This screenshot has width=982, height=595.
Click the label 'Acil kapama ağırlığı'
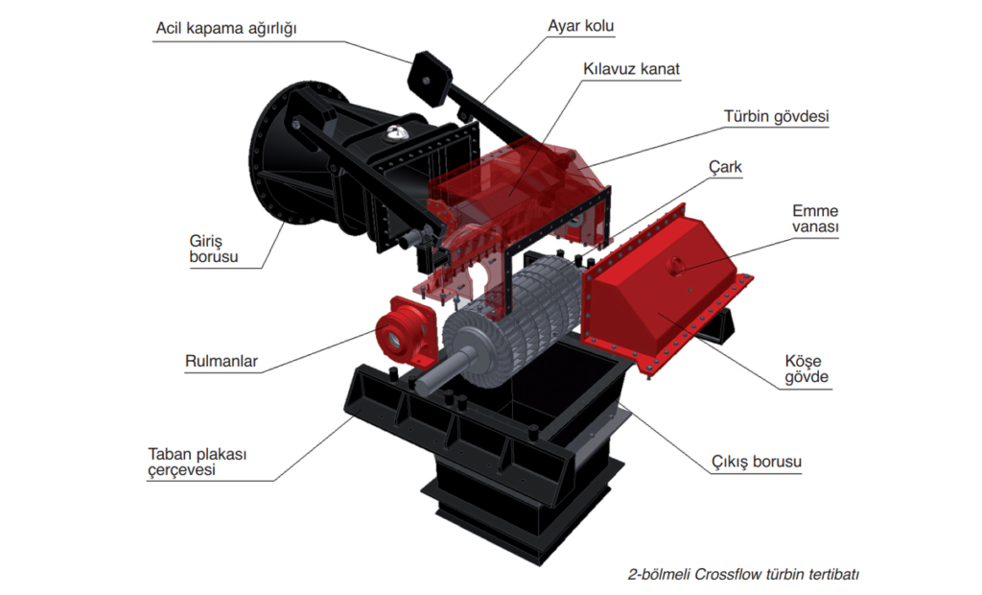(226, 29)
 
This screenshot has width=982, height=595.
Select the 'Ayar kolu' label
(580, 26)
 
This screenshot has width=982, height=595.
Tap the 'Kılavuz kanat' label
(631, 69)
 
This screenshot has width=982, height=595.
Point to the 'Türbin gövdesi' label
(776, 117)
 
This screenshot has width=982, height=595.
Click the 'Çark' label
(725, 167)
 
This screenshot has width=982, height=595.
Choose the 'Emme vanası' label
(815, 219)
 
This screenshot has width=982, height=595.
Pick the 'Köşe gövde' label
(807, 369)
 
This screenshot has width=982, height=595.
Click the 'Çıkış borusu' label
(756, 462)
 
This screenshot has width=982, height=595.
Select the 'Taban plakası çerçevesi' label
(198, 462)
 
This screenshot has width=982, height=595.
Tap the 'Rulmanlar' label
(222, 362)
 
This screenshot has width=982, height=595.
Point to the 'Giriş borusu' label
(214, 249)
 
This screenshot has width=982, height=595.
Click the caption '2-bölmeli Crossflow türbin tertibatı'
(743, 574)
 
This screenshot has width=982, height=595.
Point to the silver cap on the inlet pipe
(395, 132)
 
